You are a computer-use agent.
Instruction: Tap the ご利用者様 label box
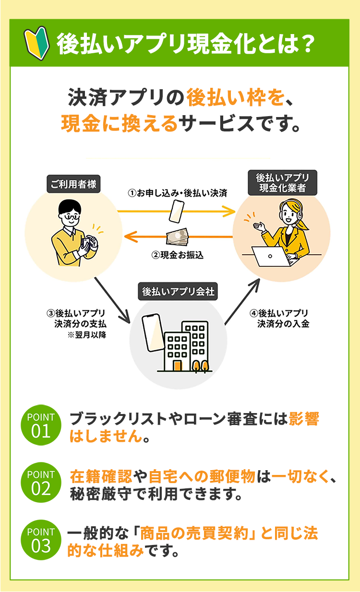(x=73, y=184)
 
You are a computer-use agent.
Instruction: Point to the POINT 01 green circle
(x=41, y=425)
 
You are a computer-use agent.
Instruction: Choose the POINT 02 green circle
(x=41, y=482)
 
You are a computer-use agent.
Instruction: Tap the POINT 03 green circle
(x=41, y=539)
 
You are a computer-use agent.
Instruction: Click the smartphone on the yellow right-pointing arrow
(x=177, y=212)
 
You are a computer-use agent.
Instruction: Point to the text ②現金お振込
(x=177, y=255)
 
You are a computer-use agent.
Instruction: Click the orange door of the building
(x=178, y=365)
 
